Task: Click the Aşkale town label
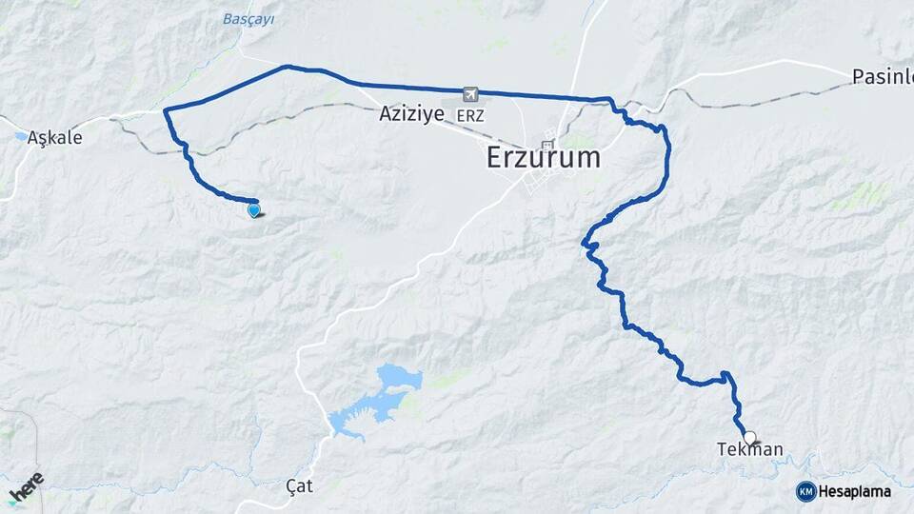(x=54, y=137)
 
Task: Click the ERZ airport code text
(x=470, y=115)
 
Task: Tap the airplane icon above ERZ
(x=470, y=94)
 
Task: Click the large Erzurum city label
(x=544, y=157)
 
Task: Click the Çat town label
(x=299, y=486)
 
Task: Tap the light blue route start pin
(x=254, y=210)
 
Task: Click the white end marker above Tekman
(x=750, y=438)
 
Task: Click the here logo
(x=26, y=486)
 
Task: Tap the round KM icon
(x=805, y=491)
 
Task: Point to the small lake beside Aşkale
(x=20, y=136)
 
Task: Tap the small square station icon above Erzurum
(x=547, y=145)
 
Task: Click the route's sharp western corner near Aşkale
(x=167, y=111)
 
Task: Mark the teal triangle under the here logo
(x=11, y=503)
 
